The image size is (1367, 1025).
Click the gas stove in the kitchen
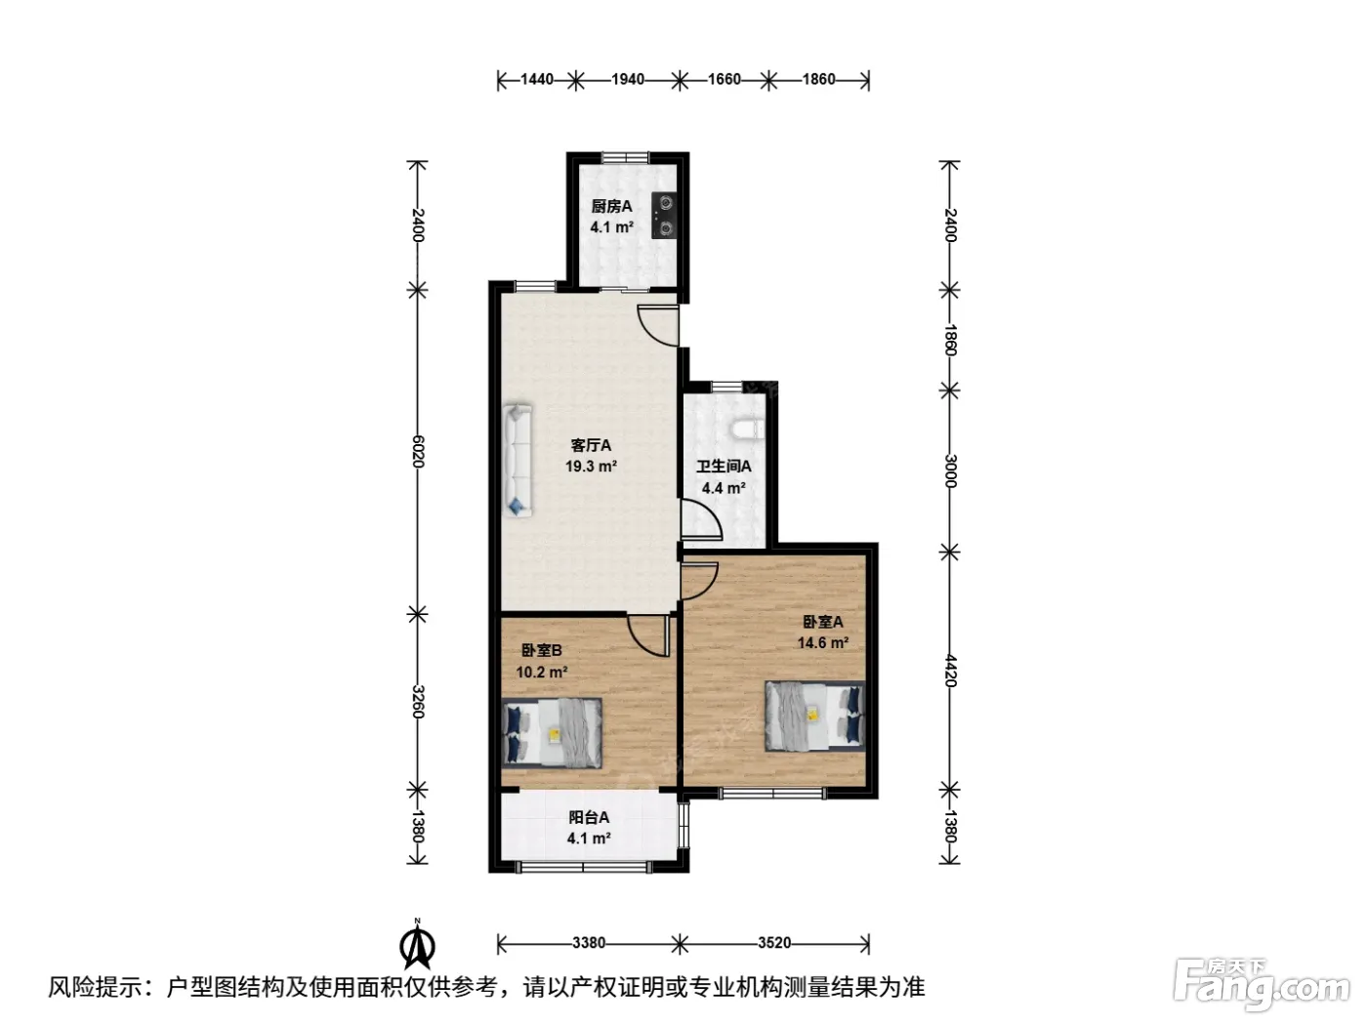tap(663, 215)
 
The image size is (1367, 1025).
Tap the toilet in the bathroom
tap(747, 430)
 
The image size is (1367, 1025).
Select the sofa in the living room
tap(518, 461)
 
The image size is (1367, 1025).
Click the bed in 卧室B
tap(552, 732)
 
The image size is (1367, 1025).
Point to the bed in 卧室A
tap(814, 716)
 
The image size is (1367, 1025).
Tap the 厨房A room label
tap(611, 207)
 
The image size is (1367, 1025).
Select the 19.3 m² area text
tap(591, 467)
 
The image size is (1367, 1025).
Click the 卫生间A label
tap(724, 467)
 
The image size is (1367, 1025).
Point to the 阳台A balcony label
tap(589, 817)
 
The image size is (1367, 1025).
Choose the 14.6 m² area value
tap(823, 642)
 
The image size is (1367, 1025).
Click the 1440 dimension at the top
tap(537, 79)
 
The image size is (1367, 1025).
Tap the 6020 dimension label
tap(418, 451)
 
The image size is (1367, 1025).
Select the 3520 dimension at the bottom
tap(774, 943)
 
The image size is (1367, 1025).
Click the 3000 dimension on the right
tap(950, 471)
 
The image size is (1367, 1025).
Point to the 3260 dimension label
tap(418, 702)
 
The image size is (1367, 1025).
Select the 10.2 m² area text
tap(541, 673)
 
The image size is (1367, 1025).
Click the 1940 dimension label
tap(628, 79)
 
